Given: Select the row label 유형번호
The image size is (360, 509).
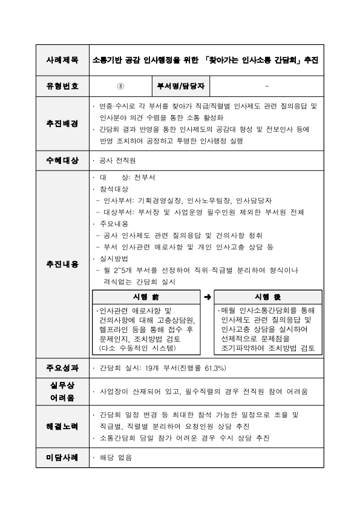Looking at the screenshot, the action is tap(62, 86).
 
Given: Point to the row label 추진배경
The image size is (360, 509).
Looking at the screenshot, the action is tap(62, 123).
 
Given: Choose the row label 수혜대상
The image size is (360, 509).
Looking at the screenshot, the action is tap(62, 160).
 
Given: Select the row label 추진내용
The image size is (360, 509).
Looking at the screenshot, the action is tap(62, 264).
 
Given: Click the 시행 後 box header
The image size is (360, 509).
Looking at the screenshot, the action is tap(267, 297).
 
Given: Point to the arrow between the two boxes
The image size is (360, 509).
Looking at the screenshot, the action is tap(207, 297).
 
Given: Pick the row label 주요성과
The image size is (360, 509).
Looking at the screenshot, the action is tap(62, 367).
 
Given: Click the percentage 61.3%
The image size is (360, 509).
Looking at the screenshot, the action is tap(212, 367).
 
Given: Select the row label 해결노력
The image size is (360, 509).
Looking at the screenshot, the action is tap(62, 426).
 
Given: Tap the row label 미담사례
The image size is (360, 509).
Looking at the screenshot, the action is tap(62, 458).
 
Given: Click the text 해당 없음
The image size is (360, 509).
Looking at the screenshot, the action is tap(116, 458).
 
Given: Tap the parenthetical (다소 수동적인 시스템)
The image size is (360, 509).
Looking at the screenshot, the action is tap(137, 349).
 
